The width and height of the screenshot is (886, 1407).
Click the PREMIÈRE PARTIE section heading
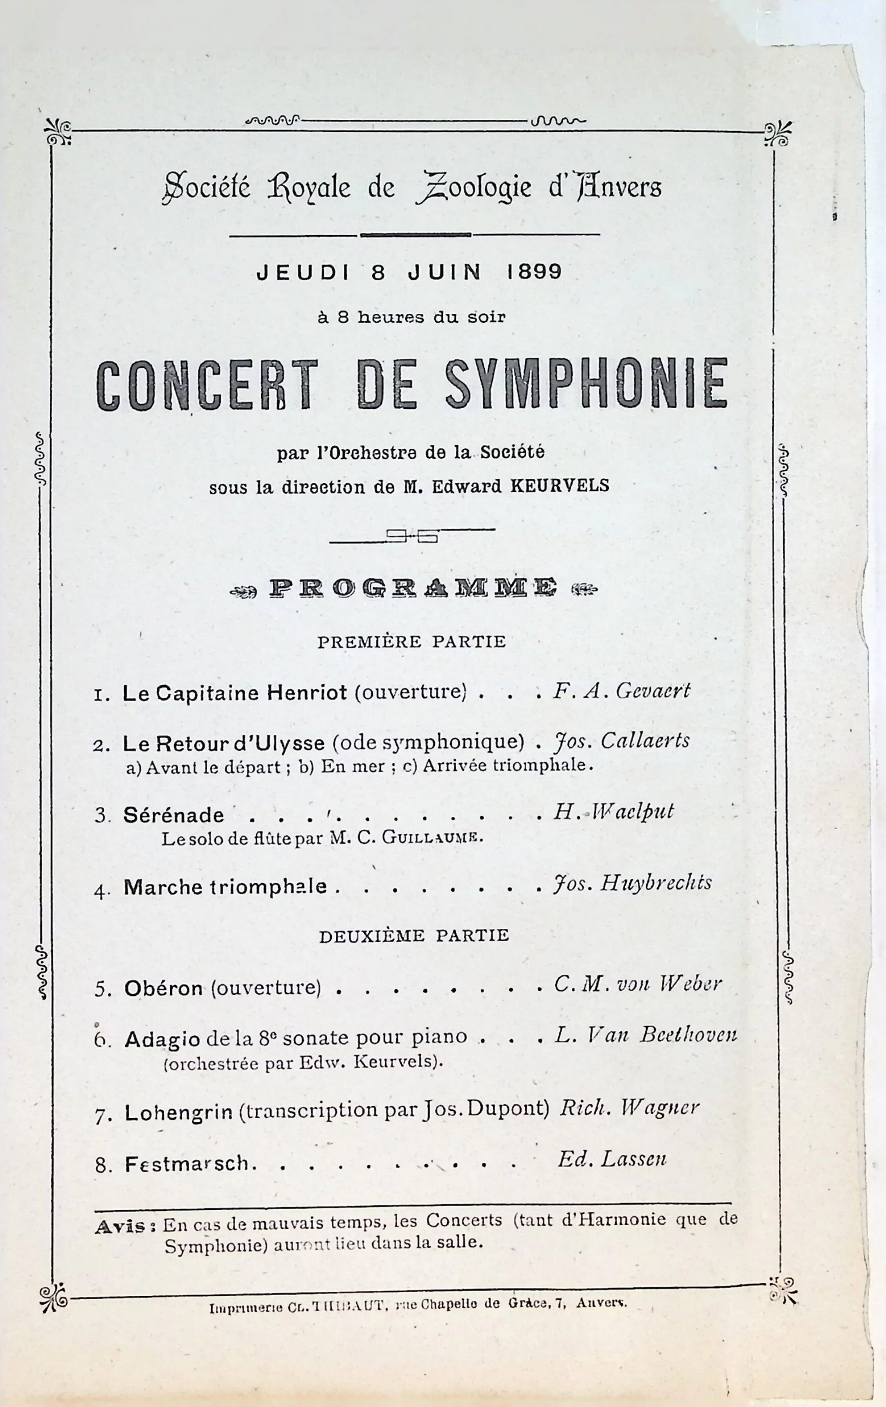coord(411,642)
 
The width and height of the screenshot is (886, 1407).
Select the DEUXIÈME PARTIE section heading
coord(414,936)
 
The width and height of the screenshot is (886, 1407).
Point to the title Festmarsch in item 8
coord(187,1164)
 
